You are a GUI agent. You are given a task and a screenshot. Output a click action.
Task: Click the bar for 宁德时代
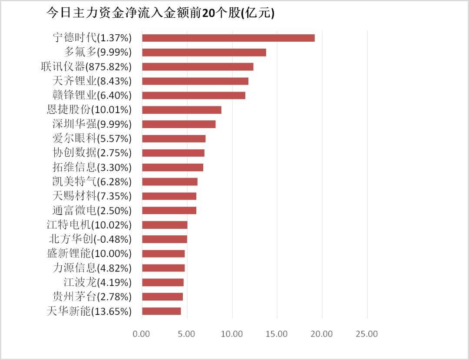click(228, 38)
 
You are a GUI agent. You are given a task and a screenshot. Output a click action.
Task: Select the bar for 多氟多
click(204, 53)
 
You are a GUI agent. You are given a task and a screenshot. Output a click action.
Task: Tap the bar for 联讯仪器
click(198, 67)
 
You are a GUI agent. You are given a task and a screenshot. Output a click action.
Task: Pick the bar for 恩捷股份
click(182, 110)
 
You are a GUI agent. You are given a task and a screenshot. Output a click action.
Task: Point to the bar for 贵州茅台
click(162, 297)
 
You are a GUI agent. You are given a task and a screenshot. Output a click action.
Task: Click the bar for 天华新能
click(161, 311)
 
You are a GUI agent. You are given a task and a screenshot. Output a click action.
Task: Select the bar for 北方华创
click(165, 239)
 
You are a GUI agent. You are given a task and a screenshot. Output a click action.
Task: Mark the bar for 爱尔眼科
click(174, 139)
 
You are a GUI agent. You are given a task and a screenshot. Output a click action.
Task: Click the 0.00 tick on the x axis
click(142, 334)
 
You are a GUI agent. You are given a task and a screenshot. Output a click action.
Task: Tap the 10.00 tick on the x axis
click(232, 334)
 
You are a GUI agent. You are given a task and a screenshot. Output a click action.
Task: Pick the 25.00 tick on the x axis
click(367, 334)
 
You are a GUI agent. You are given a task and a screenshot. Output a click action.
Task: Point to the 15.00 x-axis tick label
click(277, 334)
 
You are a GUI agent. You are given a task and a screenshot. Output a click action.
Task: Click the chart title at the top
click(160, 13)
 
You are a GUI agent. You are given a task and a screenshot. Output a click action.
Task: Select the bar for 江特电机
click(165, 225)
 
